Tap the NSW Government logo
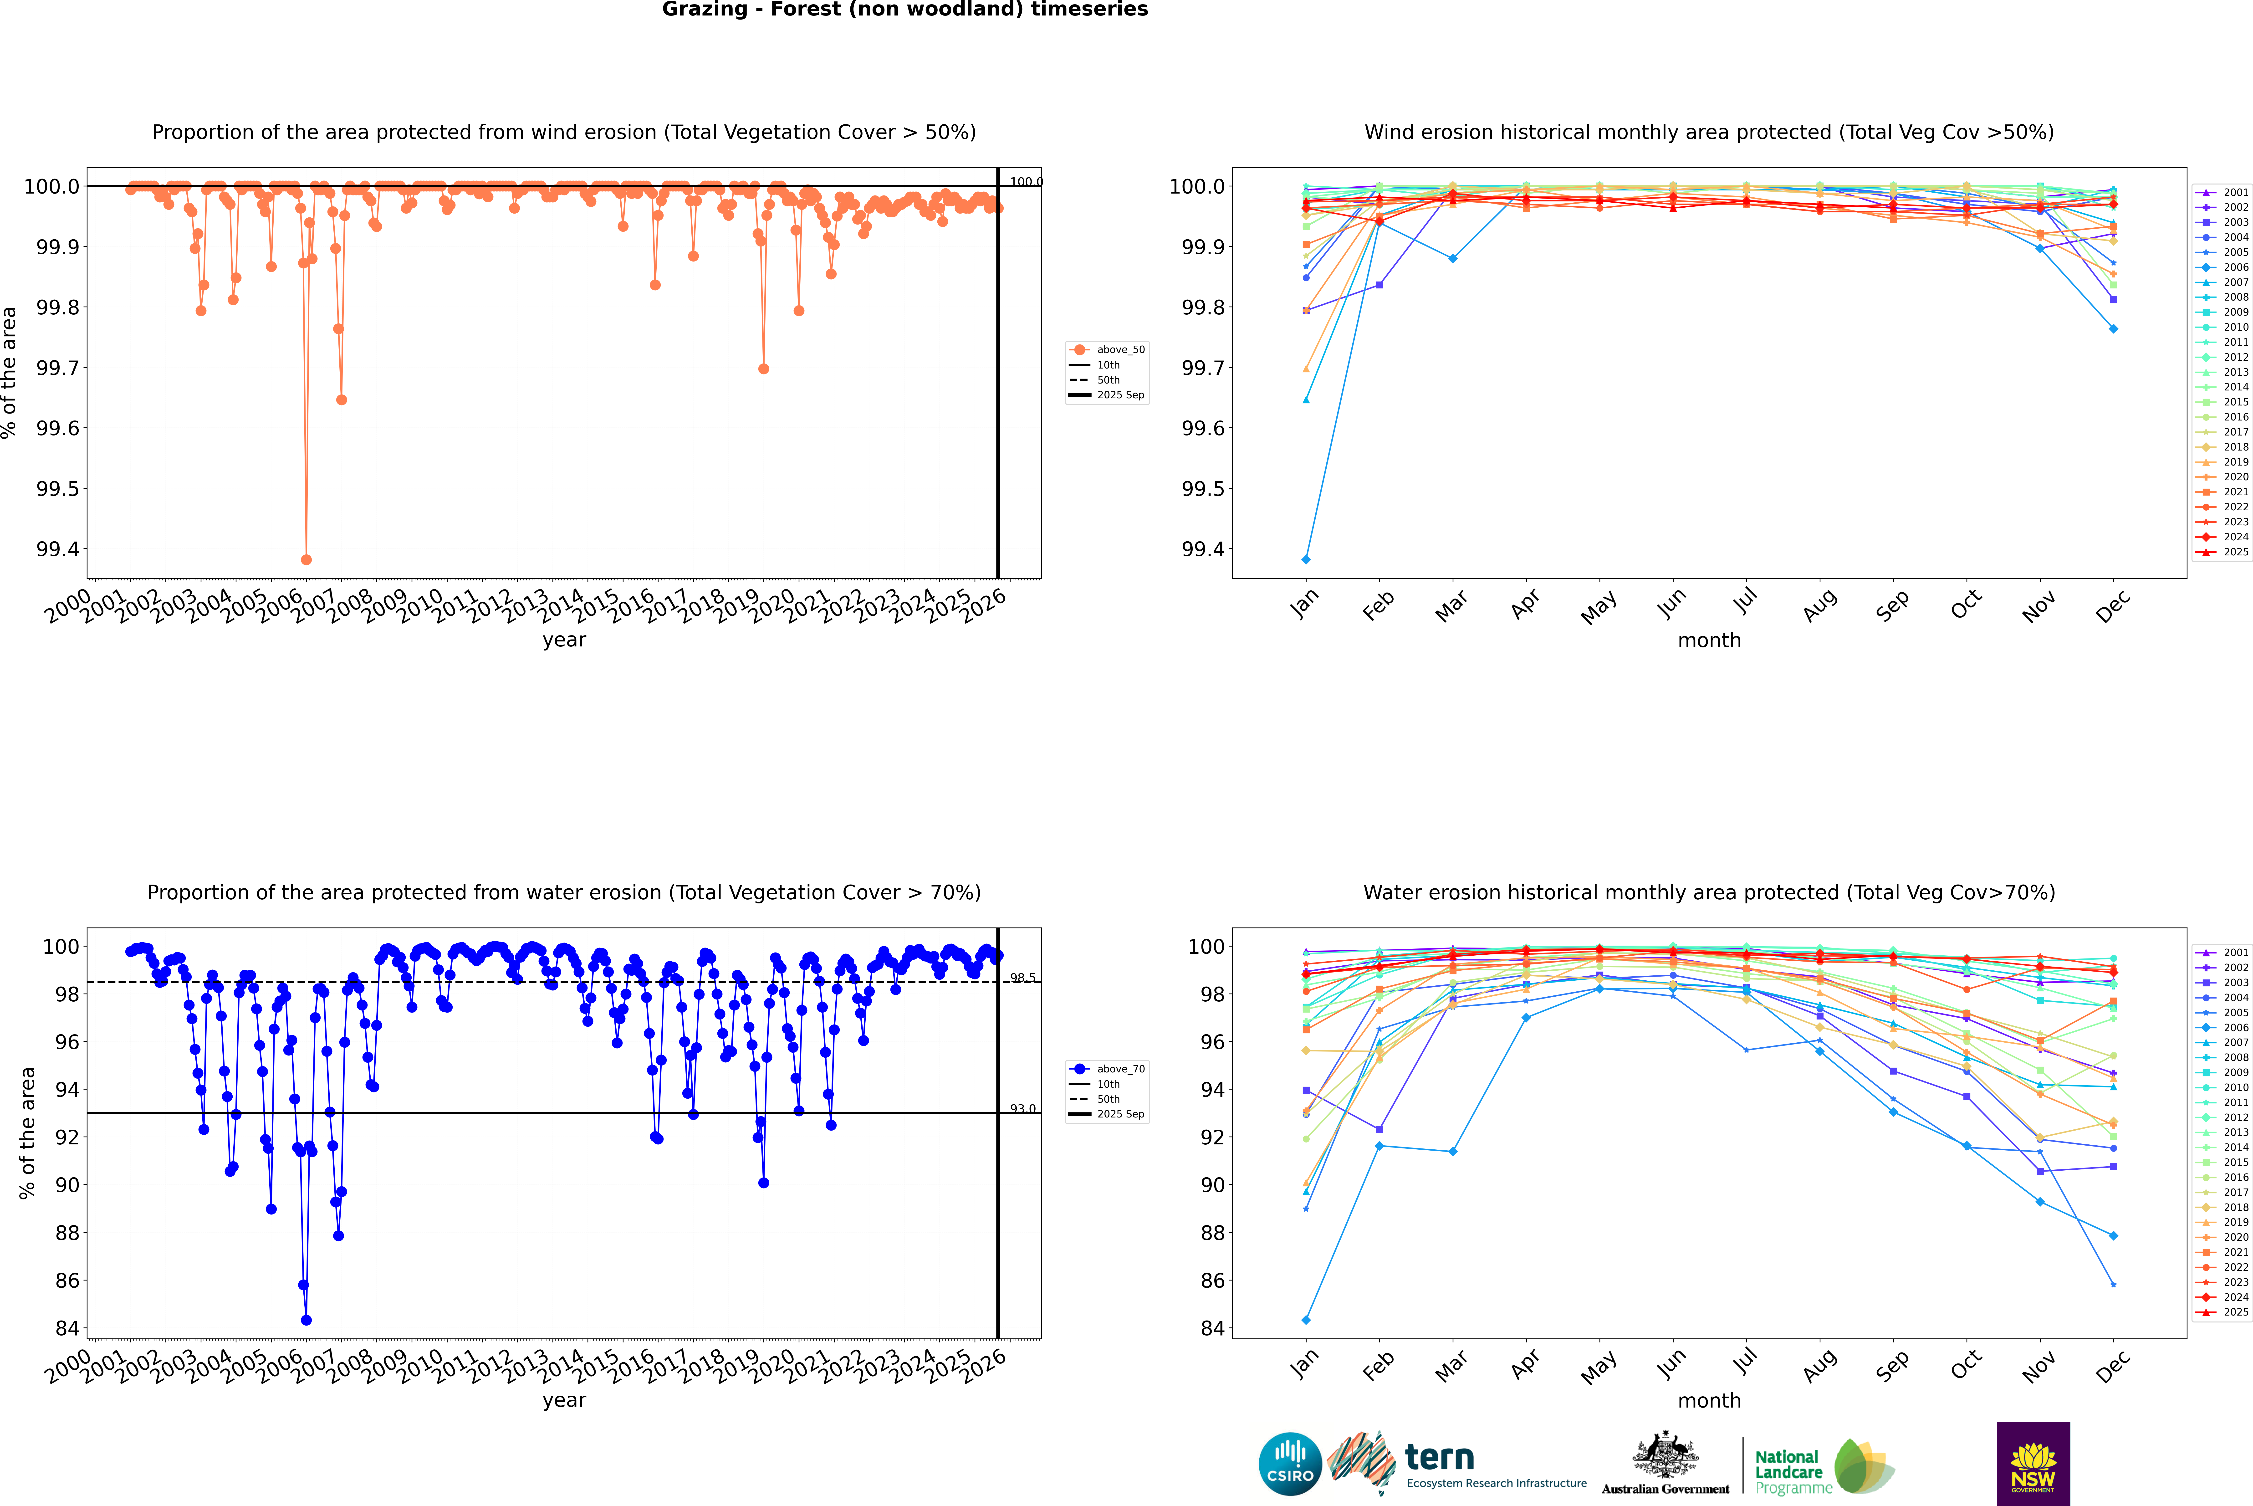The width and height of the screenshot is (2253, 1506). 2033,1464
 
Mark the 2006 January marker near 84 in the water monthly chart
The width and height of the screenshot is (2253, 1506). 1306,1320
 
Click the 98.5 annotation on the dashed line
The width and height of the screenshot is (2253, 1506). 1023,978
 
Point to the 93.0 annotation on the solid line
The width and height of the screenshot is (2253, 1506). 1023,1108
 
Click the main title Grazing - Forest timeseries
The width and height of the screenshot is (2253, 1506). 905,10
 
